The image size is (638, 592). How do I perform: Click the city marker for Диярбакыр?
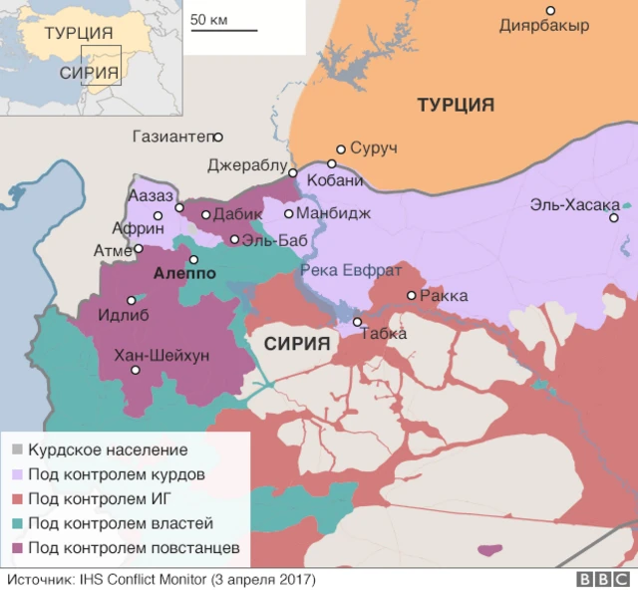pyautogui.click(x=549, y=10)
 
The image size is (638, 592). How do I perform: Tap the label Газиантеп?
pyautogui.click(x=174, y=137)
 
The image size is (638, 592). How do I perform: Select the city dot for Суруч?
pyautogui.click(x=341, y=149)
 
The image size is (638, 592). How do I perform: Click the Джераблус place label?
pyautogui.click(x=247, y=165)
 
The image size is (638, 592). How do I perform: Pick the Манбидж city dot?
pyautogui.click(x=289, y=213)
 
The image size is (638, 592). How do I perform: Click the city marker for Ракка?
pyautogui.click(x=411, y=295)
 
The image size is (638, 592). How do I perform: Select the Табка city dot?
pyautogui.click(x=358, y=321)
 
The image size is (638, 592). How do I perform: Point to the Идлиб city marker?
pyautogui.click(x=131, y=300)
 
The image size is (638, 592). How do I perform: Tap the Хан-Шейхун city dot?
pyautogui.click(x=136, y=370)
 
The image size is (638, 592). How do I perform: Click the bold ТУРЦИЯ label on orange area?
pyautogui.click(x=456, y=105)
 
